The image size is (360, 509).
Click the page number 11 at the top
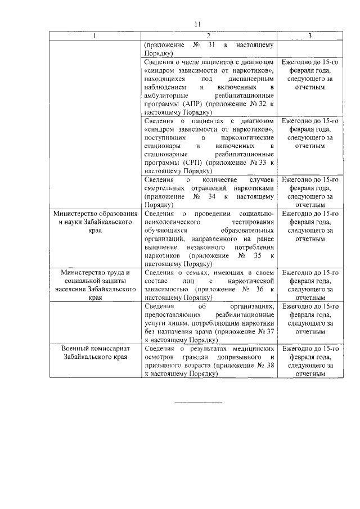(x=197, y=24)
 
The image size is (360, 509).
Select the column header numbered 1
(x=94, y=36)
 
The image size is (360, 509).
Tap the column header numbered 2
(x=209, y=36)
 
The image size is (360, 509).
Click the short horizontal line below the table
(x=197, y=403)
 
